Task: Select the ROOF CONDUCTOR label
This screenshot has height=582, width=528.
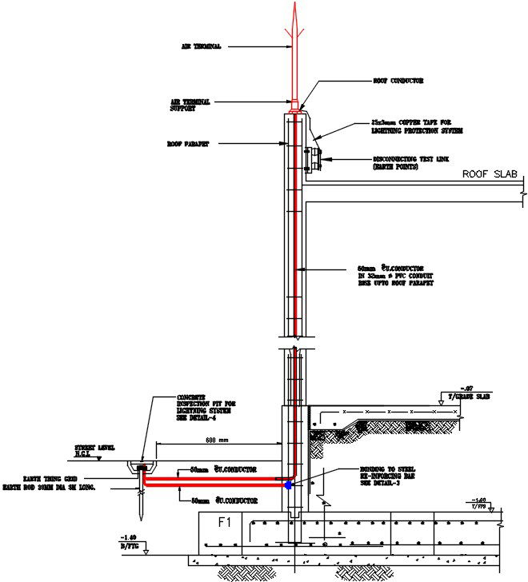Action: click(398, 81)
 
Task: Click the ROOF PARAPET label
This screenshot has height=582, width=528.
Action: click(187, 145)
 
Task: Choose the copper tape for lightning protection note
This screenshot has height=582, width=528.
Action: click(417, 126)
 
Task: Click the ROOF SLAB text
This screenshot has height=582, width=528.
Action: click(490, 174)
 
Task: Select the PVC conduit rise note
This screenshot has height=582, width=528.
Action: click(395, 276)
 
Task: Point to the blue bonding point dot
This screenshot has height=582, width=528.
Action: click(289, 485)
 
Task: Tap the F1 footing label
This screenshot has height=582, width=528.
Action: click(226, 522)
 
